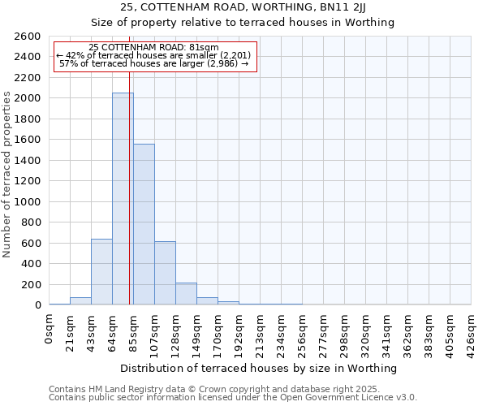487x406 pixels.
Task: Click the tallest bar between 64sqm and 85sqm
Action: (123, 199)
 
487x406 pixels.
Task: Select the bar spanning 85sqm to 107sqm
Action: (144, 224)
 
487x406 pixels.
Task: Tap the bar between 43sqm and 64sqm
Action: (101, 272)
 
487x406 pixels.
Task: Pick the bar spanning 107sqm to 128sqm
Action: (165, 273)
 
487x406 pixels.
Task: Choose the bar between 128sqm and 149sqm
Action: (186, 294)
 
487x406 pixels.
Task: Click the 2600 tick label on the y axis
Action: (28, 37)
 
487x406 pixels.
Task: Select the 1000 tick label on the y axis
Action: (28, 201)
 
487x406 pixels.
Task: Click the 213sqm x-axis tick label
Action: (261, 332)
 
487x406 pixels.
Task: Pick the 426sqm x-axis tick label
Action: (472, 332)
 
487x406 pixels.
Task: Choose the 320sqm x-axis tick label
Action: (366, 332)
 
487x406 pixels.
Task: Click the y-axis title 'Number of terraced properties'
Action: (8, 175)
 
